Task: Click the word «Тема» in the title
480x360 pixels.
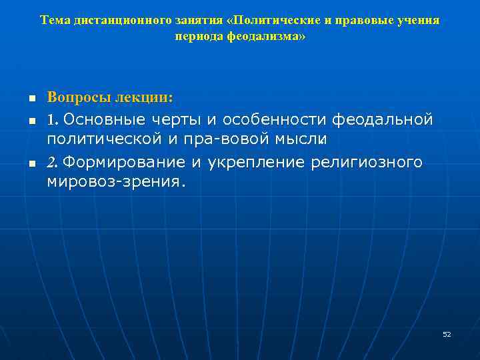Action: point(53,20)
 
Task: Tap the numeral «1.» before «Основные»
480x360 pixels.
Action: point(53,120)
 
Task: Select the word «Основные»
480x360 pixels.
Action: point(113,120)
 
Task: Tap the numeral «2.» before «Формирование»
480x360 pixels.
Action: point(53,163)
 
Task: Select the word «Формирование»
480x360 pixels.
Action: point(125,163)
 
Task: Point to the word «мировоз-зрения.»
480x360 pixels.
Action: point(113,181)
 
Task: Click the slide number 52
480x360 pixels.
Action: point(447,334)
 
